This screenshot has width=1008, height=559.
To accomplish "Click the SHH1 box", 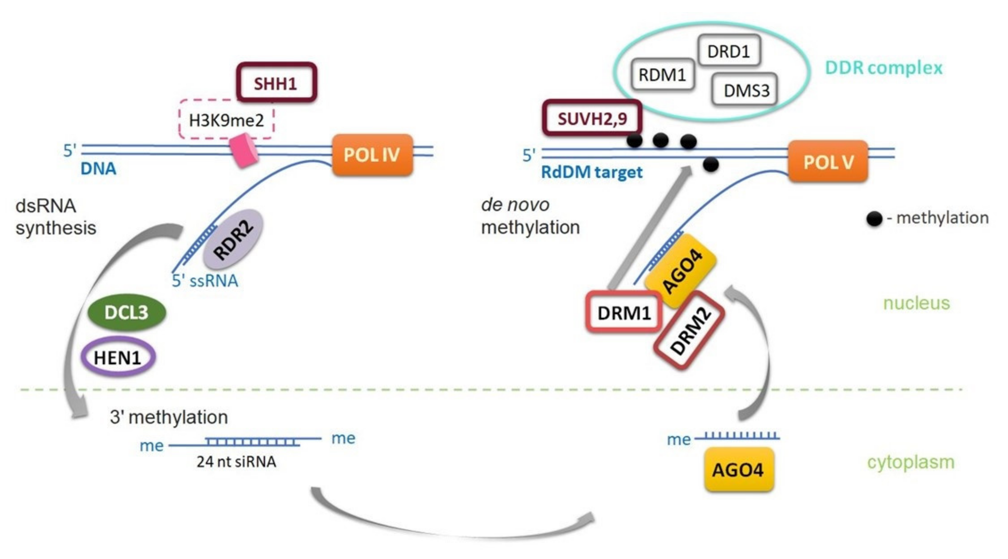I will tap(276, 83).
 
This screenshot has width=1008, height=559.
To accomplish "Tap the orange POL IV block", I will tap(372, 155).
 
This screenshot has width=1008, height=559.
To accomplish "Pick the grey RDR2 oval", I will tap(233, 239).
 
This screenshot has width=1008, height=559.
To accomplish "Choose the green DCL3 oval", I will tap(126, 312).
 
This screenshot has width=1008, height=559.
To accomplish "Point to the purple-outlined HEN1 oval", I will tap(118, 357).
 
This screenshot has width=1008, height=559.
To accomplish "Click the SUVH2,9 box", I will tap(592, 118).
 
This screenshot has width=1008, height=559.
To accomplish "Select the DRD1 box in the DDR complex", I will tap(729, 51).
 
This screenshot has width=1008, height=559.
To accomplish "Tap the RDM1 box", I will tap(663, 74).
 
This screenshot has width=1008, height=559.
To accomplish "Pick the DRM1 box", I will tap(624, 312).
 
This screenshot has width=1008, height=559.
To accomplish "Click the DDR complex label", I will tap(884, 68).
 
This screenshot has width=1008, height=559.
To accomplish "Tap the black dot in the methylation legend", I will tap(874, 218).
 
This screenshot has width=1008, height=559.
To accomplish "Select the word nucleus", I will tap(916, 303).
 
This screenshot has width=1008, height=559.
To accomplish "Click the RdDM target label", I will tap(591, 172).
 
